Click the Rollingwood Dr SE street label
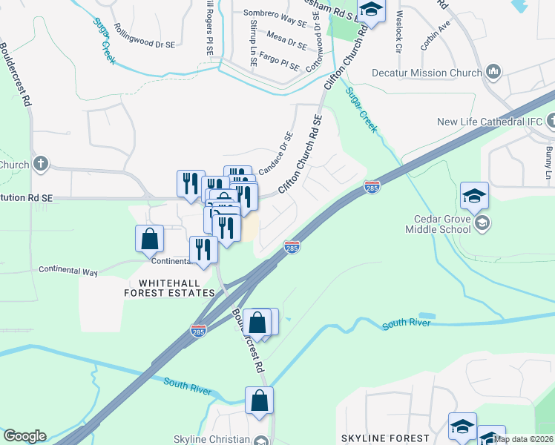click(141, 44)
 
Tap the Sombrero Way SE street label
click(275, 13)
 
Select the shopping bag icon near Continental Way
click(149, 239)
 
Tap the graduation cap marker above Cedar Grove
click(474, 196)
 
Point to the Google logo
click(24, 436)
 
